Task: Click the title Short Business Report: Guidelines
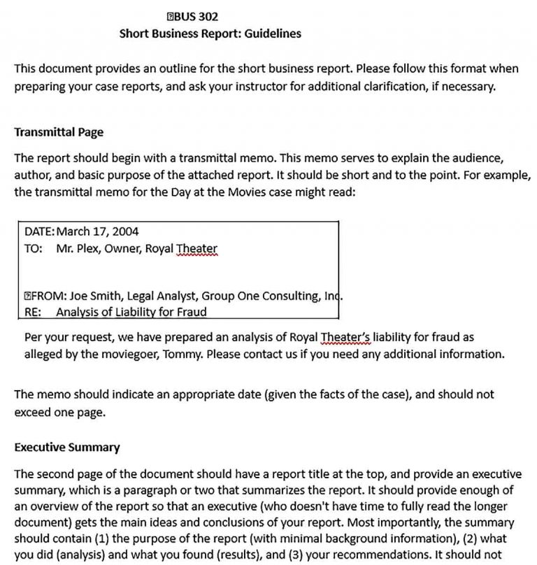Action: coord(210,33)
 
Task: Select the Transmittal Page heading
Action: coord(59,131)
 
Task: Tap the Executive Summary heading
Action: coord(66,447)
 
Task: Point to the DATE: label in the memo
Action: coord(39,231)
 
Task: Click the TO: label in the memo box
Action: coord(33,248)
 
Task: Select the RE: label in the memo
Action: coord(33,312)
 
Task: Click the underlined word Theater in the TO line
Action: coord(197,248)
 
